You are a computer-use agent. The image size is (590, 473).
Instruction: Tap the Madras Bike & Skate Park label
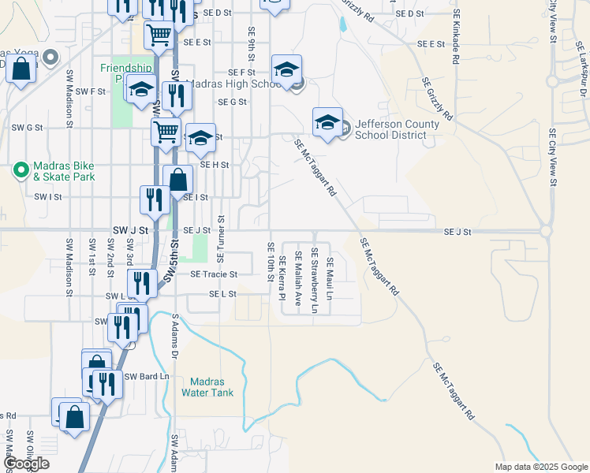point(63,171)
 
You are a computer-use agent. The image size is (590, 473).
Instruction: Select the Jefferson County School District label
point(390,129)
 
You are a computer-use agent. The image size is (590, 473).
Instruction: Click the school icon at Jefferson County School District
point(327,122)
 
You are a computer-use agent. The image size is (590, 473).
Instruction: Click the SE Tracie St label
point(214,274)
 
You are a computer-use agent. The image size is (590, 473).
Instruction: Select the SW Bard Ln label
point(147,376)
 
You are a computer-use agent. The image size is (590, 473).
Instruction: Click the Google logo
point(26,464)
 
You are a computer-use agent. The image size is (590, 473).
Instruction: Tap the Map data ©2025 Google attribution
point(541,467)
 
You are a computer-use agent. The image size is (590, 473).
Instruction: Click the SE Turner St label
point(221,239)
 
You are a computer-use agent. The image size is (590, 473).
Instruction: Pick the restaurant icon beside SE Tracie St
point(142,283)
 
